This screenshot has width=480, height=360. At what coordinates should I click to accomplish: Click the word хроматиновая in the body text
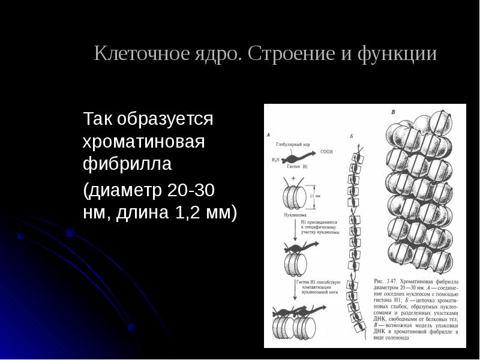(x=144, y=142)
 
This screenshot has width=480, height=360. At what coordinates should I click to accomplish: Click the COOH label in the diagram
(x=326, y=152)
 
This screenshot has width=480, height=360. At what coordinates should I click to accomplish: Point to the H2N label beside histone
(x=275, y=160)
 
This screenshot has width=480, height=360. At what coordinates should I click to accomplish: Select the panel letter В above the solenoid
(x=393, y=112)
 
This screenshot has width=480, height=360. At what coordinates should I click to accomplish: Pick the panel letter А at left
(x=268, y=135)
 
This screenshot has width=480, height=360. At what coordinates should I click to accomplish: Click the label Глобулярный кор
(x=293, y=144)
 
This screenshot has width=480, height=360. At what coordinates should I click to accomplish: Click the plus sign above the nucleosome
(x=293, y=179)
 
